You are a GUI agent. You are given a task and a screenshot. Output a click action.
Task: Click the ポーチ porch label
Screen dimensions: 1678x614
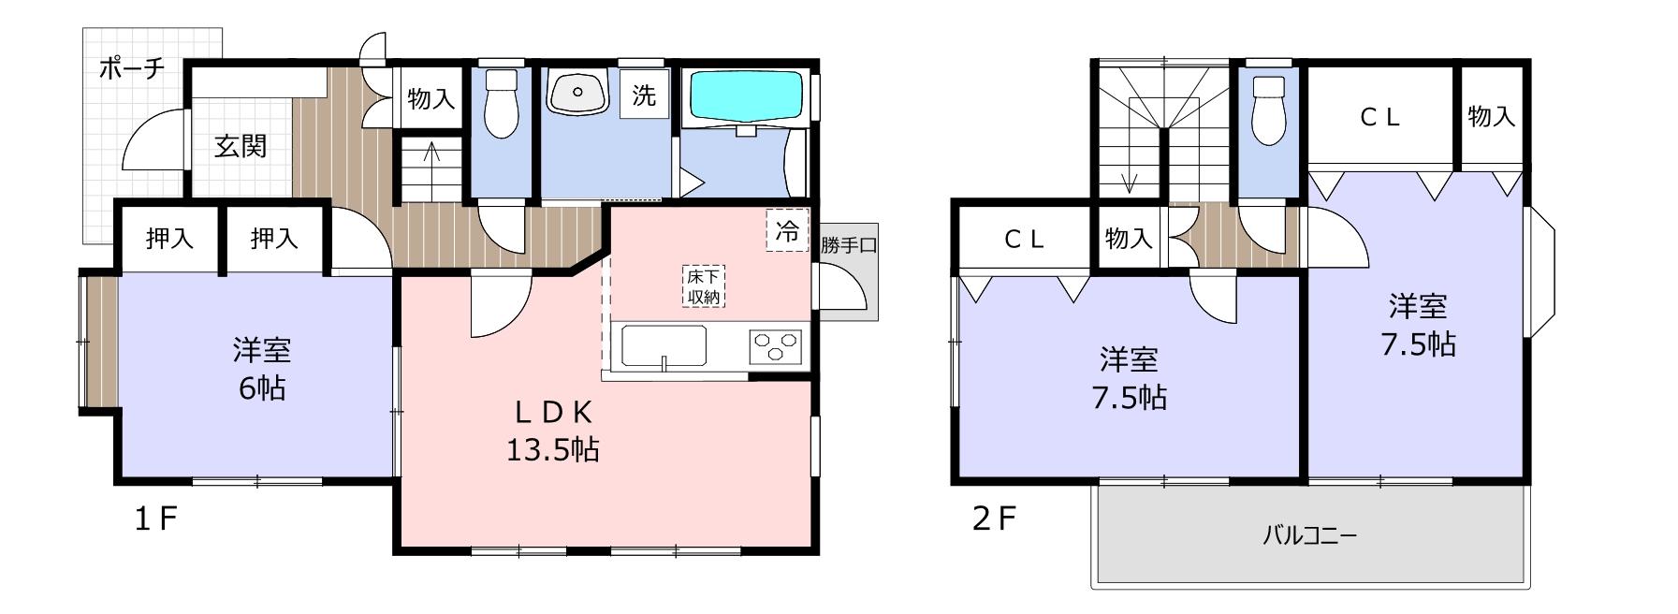[x=132, y=69]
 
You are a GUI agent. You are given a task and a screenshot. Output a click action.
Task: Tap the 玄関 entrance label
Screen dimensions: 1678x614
[x=241, y=146]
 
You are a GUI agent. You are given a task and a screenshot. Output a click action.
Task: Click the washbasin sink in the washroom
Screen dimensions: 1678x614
[x=577, y=92]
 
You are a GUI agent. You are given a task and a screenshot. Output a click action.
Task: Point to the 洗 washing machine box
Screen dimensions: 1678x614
[x=644, y=95]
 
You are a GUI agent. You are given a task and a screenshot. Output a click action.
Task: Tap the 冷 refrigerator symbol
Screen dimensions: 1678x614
[x=788, y=230]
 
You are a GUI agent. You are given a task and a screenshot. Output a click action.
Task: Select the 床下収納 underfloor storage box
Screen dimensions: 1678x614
[x=703, y=286]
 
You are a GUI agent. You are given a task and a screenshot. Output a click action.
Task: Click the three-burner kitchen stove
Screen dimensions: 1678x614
[x=776, y=345]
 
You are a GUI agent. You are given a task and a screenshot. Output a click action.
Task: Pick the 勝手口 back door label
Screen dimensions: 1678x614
[x=849, y=246]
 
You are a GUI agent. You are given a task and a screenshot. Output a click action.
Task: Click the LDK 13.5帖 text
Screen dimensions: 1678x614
[x=553, y=431]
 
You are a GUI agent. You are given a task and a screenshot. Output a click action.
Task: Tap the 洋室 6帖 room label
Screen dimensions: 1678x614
[x=262, y=369]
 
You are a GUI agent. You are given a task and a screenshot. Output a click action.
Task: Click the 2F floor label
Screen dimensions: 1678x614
[x=994, y=519]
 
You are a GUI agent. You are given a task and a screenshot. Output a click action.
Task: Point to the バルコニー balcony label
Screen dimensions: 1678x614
[x=1309, y=536]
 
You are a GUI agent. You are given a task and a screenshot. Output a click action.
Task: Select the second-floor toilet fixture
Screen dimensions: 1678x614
[x=1269, y=110]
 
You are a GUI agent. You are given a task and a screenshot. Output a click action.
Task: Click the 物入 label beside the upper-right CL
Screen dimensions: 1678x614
[x=1492, y=117]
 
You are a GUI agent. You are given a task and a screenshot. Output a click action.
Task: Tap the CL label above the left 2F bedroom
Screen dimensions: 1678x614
[x=1024, y=239]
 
